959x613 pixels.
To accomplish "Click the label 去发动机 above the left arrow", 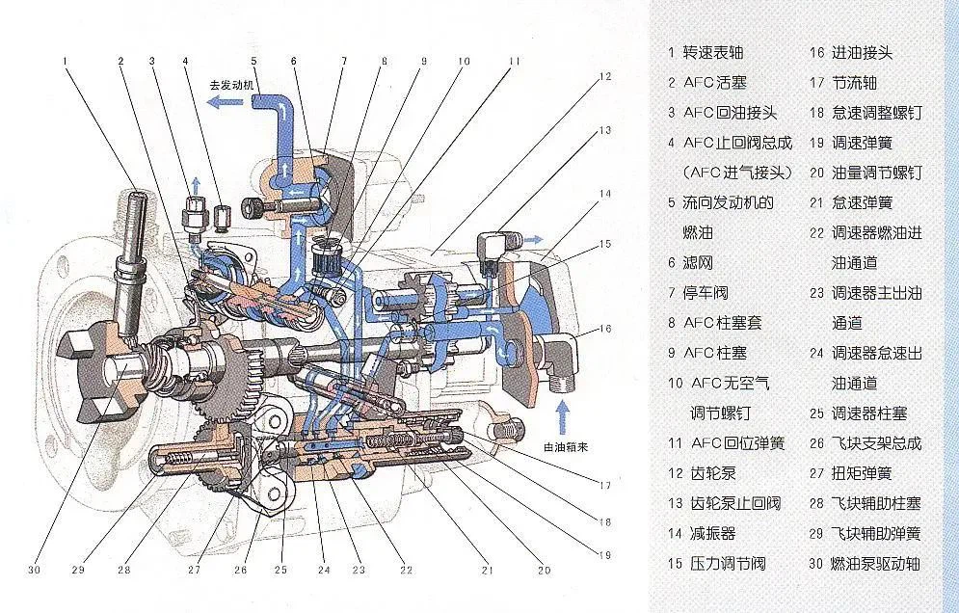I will click(231, 84).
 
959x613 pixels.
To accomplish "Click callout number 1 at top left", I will click(66, 61).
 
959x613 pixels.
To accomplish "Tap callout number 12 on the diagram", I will click(604, 75).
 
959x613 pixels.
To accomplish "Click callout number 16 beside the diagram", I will click(604, 329).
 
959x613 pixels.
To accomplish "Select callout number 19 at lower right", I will click(604, 554).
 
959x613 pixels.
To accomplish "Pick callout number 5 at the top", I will click(254, 61).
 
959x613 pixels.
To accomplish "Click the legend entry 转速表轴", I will click(713, 52).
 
